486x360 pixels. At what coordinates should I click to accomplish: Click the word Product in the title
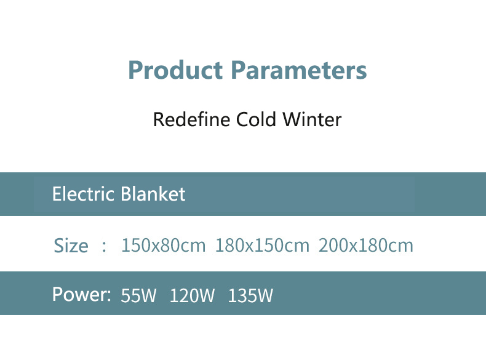pos(175,70)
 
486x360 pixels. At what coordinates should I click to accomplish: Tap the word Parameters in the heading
pos(299,70)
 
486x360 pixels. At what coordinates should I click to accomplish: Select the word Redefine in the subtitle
pos(191,119)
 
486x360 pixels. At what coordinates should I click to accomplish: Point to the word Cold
pos(256,119)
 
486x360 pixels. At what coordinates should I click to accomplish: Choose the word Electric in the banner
pos(84,194)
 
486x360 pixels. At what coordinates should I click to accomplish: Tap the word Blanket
pos(153,194)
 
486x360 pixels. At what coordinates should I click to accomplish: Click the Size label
pos(71,246)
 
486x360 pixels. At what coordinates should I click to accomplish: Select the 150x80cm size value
pos(164,246)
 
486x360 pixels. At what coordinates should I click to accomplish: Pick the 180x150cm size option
pos(262,246)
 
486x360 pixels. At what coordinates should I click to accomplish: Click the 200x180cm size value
pos(366,246)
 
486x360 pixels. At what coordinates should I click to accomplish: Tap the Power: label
pos(82,294)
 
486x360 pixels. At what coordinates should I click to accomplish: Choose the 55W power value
pos(138,295)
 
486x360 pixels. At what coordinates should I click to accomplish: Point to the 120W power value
pos(192,295)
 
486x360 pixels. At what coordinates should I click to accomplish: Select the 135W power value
pos(250,295)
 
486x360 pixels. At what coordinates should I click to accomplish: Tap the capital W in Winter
pos(293,119)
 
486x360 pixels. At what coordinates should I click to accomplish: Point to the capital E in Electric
pos(57,194)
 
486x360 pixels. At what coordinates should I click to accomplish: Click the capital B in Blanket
pos(125,194)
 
